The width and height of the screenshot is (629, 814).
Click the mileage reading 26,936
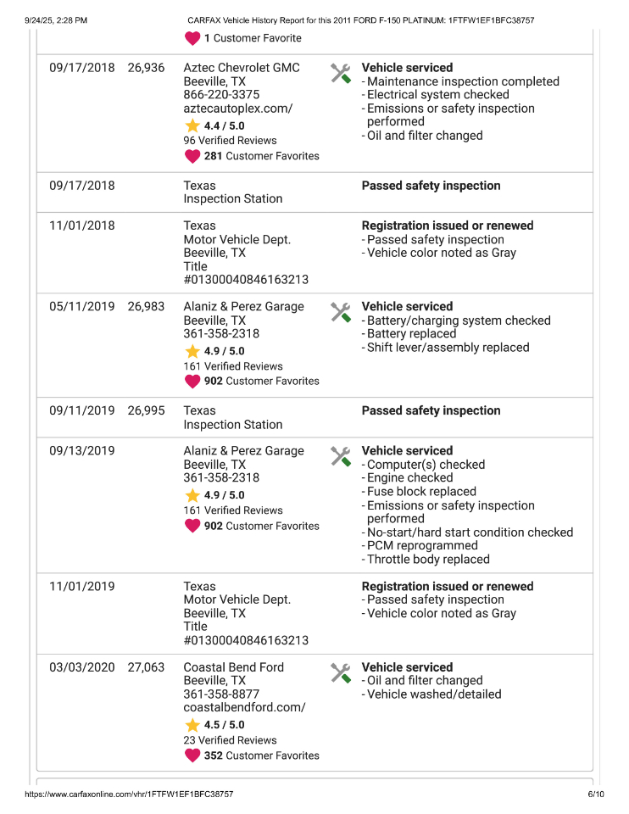click(146, 68)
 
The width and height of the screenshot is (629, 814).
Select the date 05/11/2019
click(81, 307)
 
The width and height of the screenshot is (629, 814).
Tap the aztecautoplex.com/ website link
click(238, 109)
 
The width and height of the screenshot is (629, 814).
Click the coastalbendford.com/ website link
click(244, 708)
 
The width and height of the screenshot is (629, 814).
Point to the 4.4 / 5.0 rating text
click(224, 125)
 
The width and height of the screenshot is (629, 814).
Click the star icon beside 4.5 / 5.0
click(192, 725)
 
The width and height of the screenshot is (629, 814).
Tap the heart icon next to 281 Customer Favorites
click(192, 156)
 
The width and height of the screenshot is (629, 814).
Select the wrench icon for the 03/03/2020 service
click(341, 673)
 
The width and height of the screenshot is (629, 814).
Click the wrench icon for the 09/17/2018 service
click(341, 74)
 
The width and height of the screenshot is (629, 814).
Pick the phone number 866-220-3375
click(221, 95)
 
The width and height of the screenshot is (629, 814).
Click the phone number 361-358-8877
click(221, 694)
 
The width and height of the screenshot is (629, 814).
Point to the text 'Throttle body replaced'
click(428, 560)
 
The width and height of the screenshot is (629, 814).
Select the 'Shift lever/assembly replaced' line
click(448, 348)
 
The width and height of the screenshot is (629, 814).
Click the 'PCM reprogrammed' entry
click(422, 546)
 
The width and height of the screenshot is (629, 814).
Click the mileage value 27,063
click(146, 667)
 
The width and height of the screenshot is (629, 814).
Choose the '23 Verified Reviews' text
click(230, 740)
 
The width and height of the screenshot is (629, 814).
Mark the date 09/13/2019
click(81, 451)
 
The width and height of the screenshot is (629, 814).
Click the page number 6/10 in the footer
click(596, 794)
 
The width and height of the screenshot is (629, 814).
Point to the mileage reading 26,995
click(146, 410)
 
